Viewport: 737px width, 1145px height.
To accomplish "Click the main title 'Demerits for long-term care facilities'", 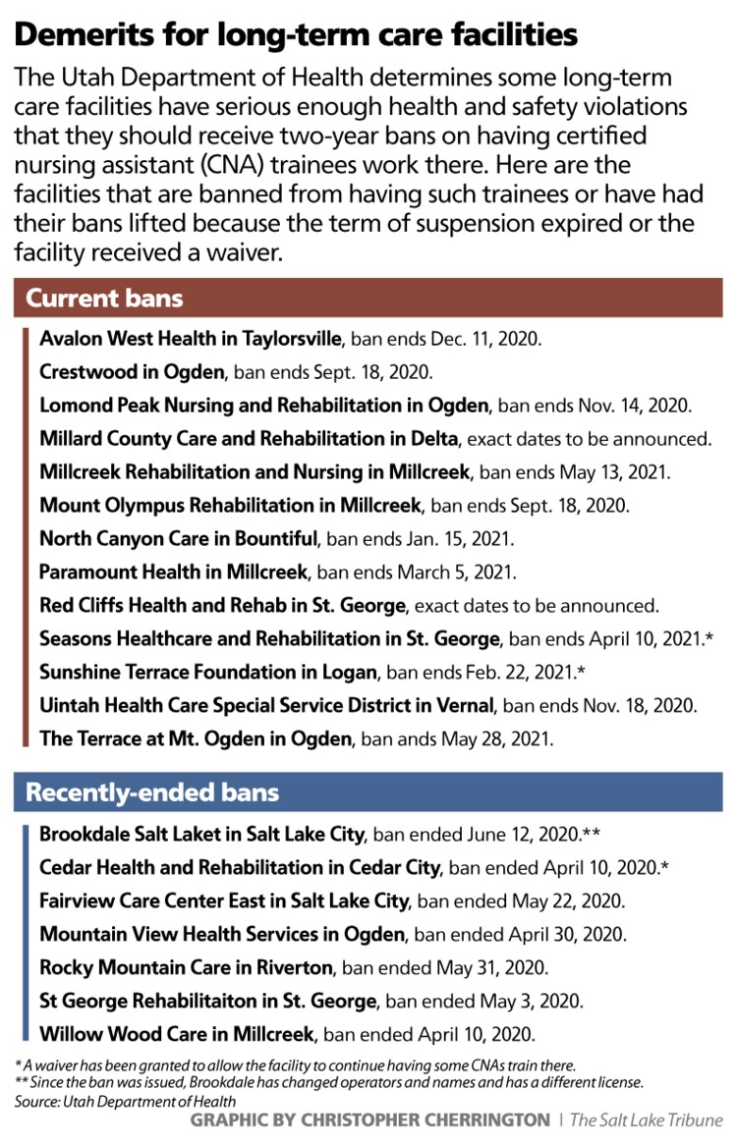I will click(295, 35).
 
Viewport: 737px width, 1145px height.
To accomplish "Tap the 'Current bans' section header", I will click(104, 297).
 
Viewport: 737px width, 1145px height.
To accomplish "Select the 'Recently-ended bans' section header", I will click(152, 791).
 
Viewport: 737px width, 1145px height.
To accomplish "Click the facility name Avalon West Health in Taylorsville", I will click(191, 339).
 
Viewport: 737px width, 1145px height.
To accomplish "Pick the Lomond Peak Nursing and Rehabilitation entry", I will click(264, 406).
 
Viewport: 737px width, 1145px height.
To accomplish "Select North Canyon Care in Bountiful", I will click(179, 538).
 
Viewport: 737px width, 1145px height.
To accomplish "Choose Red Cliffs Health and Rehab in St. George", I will click(221, 605).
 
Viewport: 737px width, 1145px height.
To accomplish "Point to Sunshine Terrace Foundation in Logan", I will click(208, 672).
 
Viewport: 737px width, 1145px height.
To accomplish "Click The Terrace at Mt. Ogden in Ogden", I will click(195, 738).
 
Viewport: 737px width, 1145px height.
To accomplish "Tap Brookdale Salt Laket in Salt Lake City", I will click(202, 835).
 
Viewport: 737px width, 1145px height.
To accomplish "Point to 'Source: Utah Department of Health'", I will click(127, 1102).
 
